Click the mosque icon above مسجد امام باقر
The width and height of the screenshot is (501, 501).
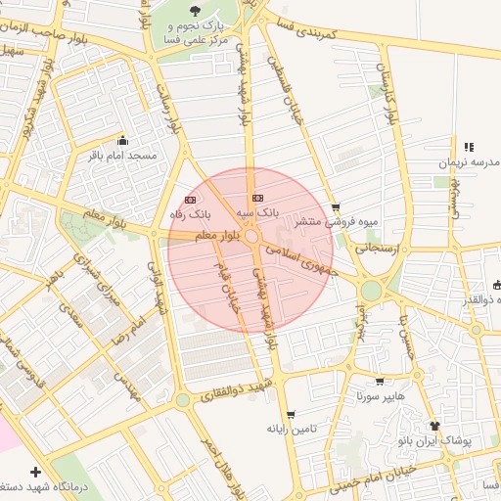point(121,139)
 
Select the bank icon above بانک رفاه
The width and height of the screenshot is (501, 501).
point(190,199)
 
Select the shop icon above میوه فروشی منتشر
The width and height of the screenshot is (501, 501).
point(337,207)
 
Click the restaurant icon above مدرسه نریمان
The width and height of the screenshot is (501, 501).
point(469,147)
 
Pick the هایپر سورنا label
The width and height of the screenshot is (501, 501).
point(379,397)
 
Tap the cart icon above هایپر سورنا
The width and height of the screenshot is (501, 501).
point(380,382)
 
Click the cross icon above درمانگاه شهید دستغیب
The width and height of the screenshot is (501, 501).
point(37,472)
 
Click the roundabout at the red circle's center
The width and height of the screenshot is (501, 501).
point(251,238)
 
